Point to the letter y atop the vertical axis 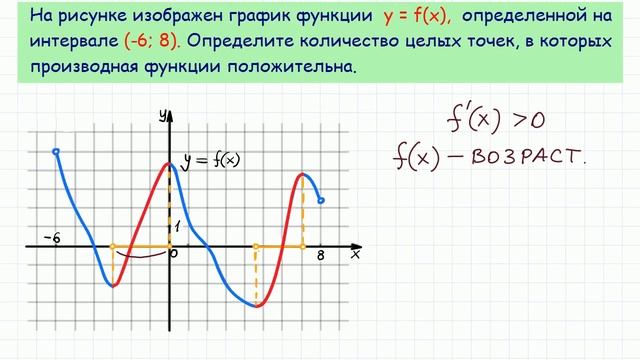161,115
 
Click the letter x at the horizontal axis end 355,256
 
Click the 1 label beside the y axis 177,227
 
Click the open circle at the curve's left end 56,152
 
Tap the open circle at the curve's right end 320,201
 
